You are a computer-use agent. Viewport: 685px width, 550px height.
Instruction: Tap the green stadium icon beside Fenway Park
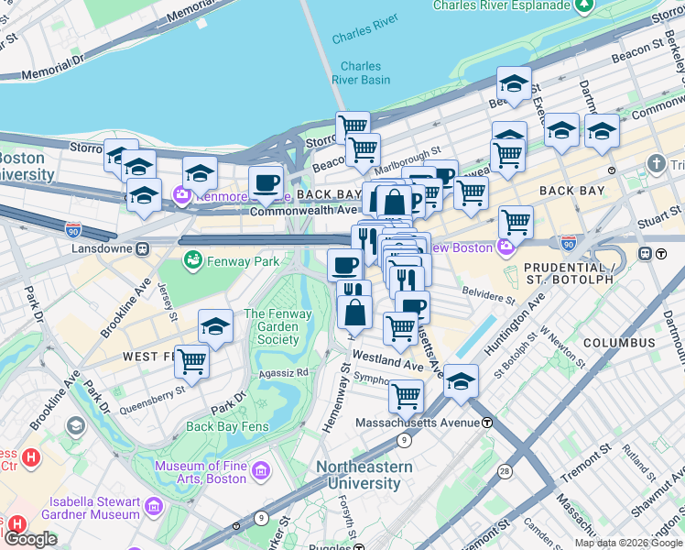[192, 262]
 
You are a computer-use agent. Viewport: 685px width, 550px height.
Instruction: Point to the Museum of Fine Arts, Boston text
[201, 472]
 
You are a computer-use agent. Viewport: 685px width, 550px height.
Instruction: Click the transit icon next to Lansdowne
[143, 249]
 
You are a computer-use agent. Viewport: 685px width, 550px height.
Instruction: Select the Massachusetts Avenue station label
[417, 422]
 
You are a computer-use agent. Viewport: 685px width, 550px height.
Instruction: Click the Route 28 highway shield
[506, 470]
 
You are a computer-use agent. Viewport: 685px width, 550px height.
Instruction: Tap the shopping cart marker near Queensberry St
[192, 361]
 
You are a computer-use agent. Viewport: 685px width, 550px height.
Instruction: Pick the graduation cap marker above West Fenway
[215, 325]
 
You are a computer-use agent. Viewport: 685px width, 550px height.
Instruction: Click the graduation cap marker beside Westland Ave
[462, 379]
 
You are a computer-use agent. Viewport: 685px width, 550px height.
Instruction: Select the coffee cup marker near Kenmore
[266, 182]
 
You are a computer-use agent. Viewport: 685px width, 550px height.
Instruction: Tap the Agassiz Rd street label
[289, 373]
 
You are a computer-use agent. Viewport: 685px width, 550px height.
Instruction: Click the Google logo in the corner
[30, 539]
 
